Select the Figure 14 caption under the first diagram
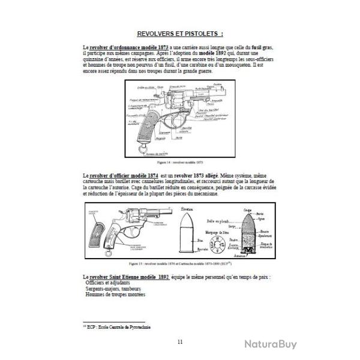(181, 162)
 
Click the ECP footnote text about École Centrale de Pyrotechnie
(116, 327)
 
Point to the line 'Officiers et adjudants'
(108, 282)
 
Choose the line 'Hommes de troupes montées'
(115, 294)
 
